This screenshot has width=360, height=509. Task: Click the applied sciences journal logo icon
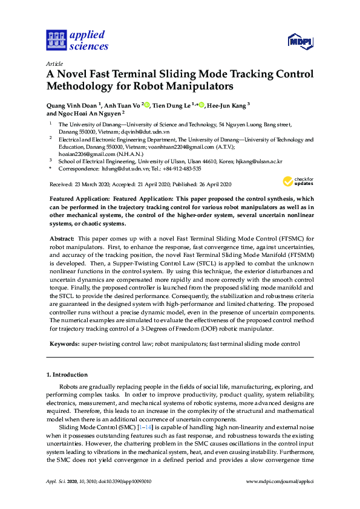pos(56,41)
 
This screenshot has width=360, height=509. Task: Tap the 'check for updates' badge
pos(298,182)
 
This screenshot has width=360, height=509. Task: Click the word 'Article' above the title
pos(54,63)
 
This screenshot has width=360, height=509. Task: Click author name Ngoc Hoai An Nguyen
pos(90,113)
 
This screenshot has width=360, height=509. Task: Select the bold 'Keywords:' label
pos(64,343)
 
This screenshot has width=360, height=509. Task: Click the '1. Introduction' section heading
pos(67,375)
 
